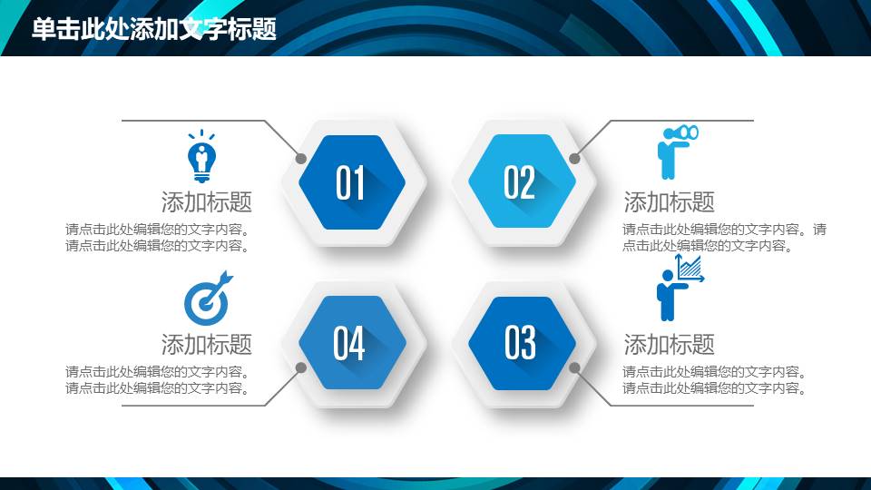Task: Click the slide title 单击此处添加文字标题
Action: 154,29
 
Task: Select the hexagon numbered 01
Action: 352,182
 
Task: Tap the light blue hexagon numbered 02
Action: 522,181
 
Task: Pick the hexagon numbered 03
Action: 522,343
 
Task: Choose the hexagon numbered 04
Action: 352,342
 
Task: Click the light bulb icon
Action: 201,156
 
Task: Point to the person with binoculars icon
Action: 677,152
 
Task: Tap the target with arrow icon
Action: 208,299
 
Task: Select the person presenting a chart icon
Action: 680,288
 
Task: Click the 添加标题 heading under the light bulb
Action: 207,201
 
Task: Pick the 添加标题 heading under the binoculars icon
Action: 669,201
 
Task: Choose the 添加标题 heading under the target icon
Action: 207,345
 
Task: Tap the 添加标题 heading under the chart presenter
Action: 669,345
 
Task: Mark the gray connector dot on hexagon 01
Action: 301,158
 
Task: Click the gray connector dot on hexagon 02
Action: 574,158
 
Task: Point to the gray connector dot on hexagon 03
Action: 574,367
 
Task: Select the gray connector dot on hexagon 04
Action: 301,367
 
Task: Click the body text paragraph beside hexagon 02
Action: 724,237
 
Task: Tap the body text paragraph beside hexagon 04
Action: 158,380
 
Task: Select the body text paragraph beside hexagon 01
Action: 158,237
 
